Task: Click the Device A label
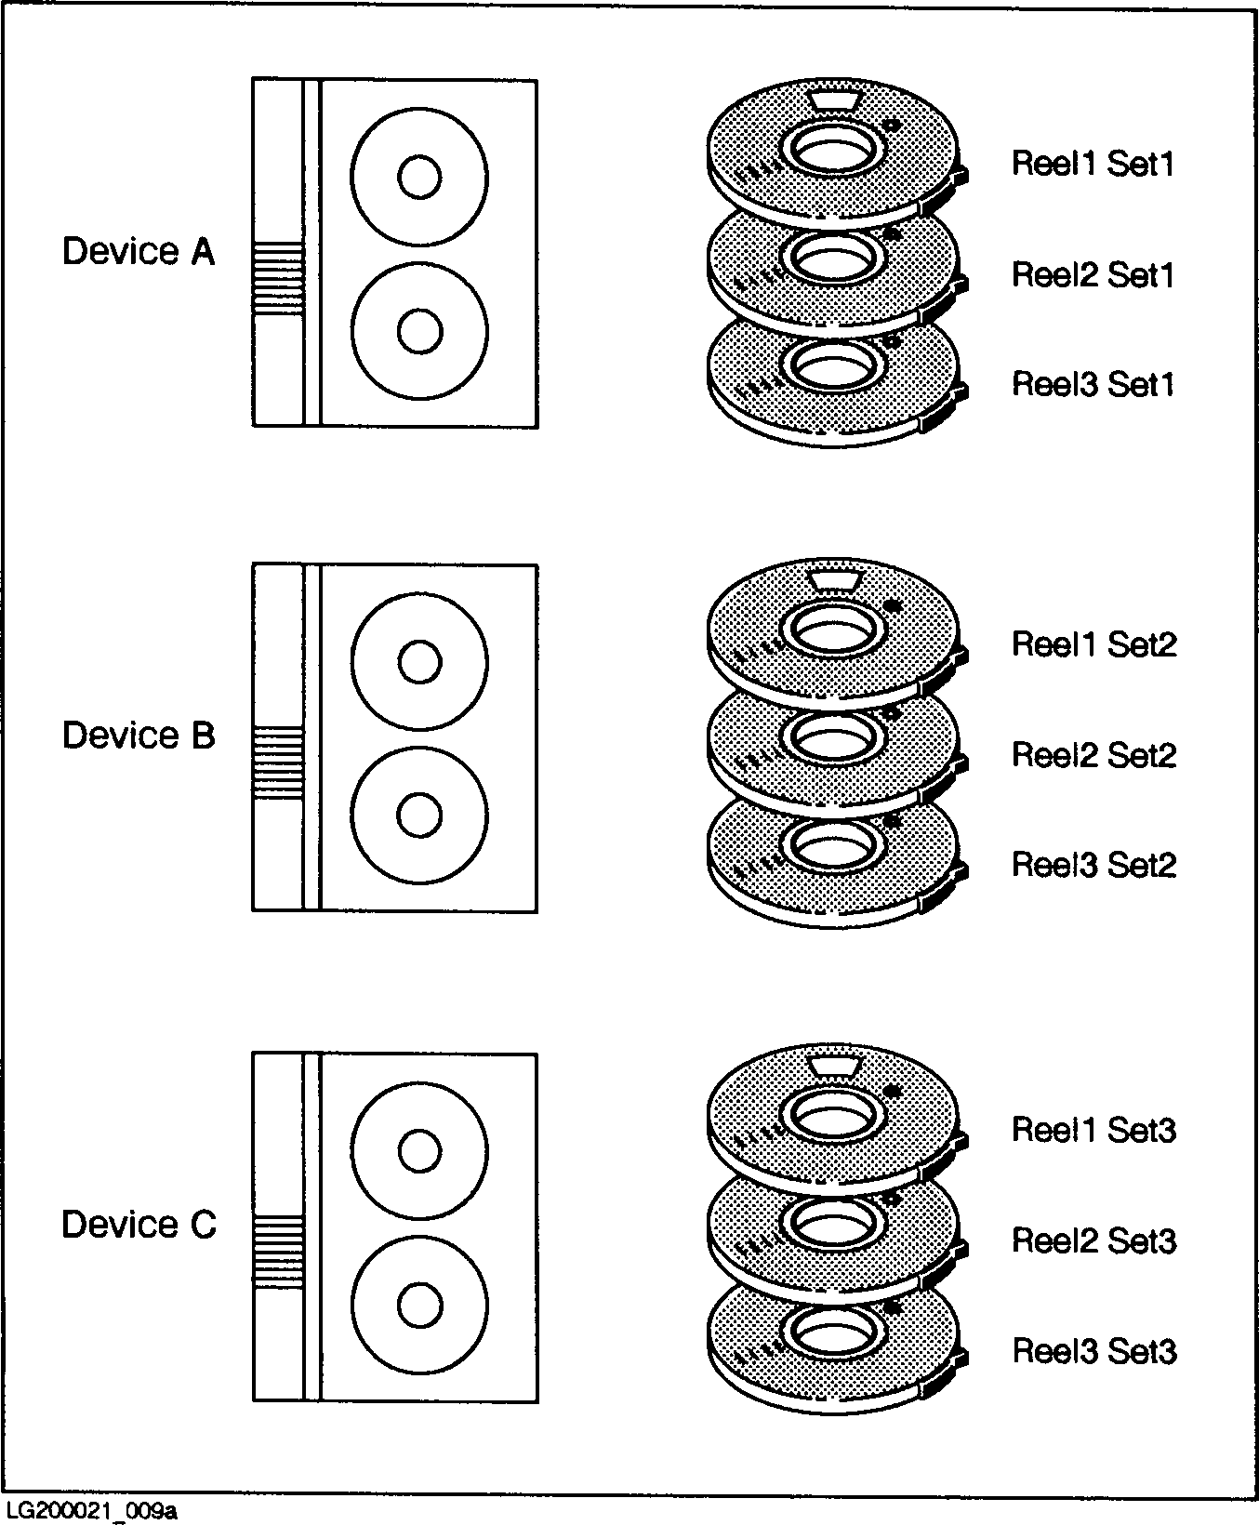(138, 251)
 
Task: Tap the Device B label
(138, 736)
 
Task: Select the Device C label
(138, 1225)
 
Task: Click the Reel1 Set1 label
(1093, 164)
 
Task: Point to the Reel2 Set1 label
(1093, 274)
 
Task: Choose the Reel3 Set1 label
(1093, 384)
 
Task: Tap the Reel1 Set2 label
(1093, 643)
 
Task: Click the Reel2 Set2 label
(1093, 754)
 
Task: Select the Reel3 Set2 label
(1093, 865)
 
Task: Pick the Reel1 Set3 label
(1093, 1130)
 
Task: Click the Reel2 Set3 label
(1093, 1240)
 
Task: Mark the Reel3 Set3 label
(1093, 1351)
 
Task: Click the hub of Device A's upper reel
(418, 177)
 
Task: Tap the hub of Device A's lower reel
(418, 330)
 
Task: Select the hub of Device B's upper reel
(418, 662)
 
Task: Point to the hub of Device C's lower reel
(418, 1305)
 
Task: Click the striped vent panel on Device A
(278, 275)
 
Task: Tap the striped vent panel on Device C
(278, 1250)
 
